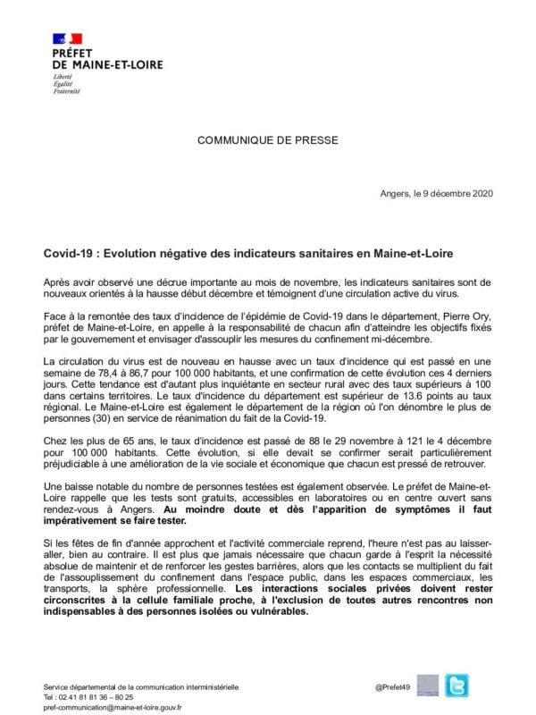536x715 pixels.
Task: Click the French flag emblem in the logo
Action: (68, 39)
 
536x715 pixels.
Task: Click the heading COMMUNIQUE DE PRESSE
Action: (267, 140)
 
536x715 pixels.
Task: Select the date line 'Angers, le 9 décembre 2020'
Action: (436, 194)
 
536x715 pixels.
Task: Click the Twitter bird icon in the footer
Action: (456, 686)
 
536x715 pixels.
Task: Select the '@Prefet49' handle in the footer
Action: (392, 686)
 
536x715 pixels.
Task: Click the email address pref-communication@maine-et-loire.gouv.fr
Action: (113, 707)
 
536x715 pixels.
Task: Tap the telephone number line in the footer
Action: (88, 697)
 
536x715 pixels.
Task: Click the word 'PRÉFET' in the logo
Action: (73, 53)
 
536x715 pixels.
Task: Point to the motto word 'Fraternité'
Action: (67, 91)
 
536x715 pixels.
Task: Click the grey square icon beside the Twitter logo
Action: (428, 686)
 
